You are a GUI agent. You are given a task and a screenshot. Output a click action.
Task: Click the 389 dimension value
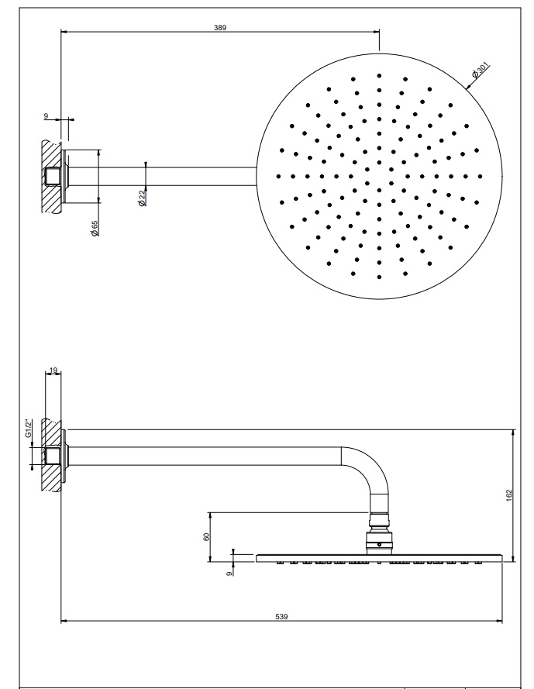(220, 28)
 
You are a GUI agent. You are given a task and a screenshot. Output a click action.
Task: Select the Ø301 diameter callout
(480, 71)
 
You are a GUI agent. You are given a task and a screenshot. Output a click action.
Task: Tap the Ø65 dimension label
(95, 228)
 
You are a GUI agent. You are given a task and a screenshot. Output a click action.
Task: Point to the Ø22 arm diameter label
(142, 198)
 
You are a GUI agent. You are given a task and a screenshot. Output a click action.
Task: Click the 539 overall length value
(281, 616)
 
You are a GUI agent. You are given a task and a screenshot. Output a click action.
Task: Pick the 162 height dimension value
(509, 496)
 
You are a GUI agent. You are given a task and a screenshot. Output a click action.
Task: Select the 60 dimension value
(207, 536)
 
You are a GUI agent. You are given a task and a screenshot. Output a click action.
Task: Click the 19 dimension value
(53, 370)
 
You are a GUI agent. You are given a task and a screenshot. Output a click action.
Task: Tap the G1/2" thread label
(29, 429)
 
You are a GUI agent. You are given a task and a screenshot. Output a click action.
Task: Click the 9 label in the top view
(46, 116)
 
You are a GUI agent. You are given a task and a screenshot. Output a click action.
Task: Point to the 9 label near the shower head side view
(229, 574)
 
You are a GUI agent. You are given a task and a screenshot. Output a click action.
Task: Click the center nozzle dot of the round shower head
(379, 177)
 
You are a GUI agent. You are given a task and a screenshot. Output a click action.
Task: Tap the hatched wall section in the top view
(51, 176)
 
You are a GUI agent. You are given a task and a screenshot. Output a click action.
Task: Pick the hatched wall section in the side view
(51, 455)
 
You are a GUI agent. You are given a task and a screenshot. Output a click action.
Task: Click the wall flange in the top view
(65, 176)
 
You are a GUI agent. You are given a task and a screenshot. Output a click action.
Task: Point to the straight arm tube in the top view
(163, 176)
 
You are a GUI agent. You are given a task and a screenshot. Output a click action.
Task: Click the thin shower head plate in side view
(379, 558)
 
